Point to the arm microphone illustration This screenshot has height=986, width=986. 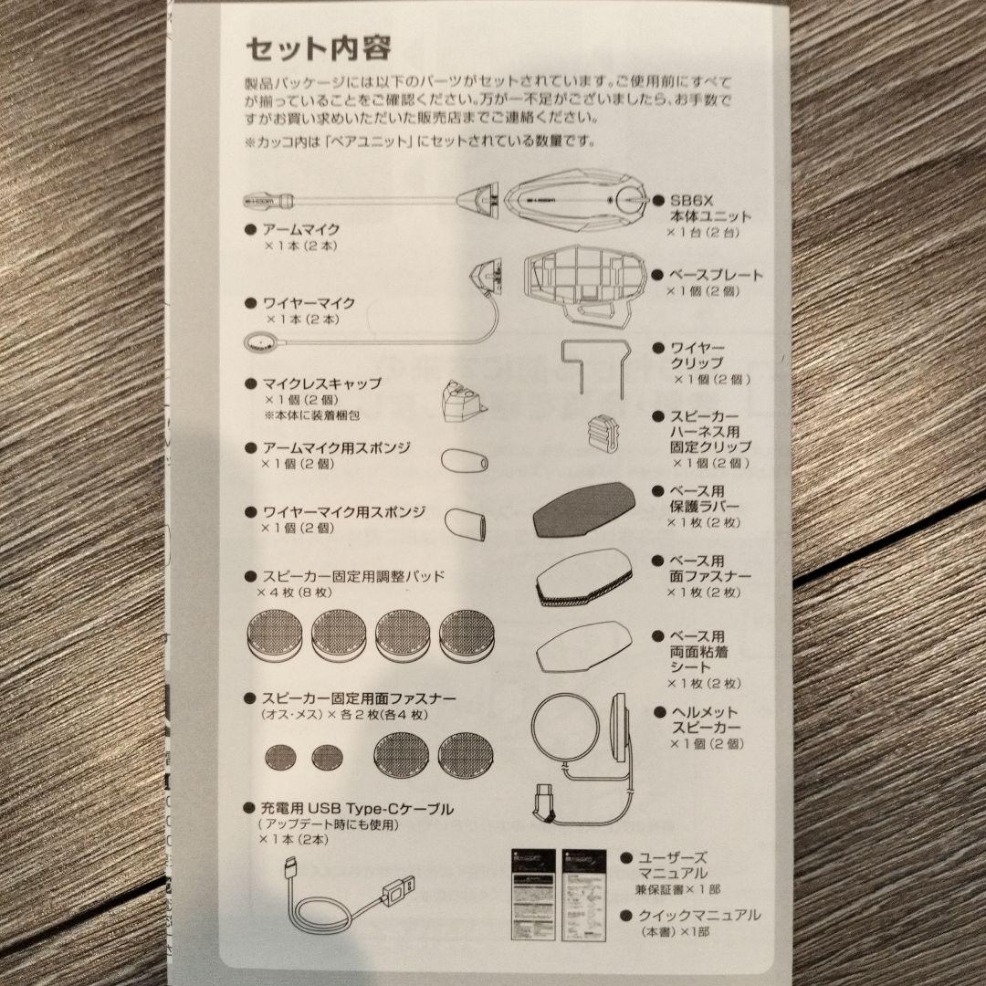click(365, 198)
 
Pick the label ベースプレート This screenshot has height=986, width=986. click(716, 275)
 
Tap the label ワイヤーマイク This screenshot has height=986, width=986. click(309, 302)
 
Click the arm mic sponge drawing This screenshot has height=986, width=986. click(462, 458)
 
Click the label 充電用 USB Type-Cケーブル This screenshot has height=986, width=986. click(357, 808)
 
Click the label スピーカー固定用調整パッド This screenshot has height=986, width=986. click(353, 576)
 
